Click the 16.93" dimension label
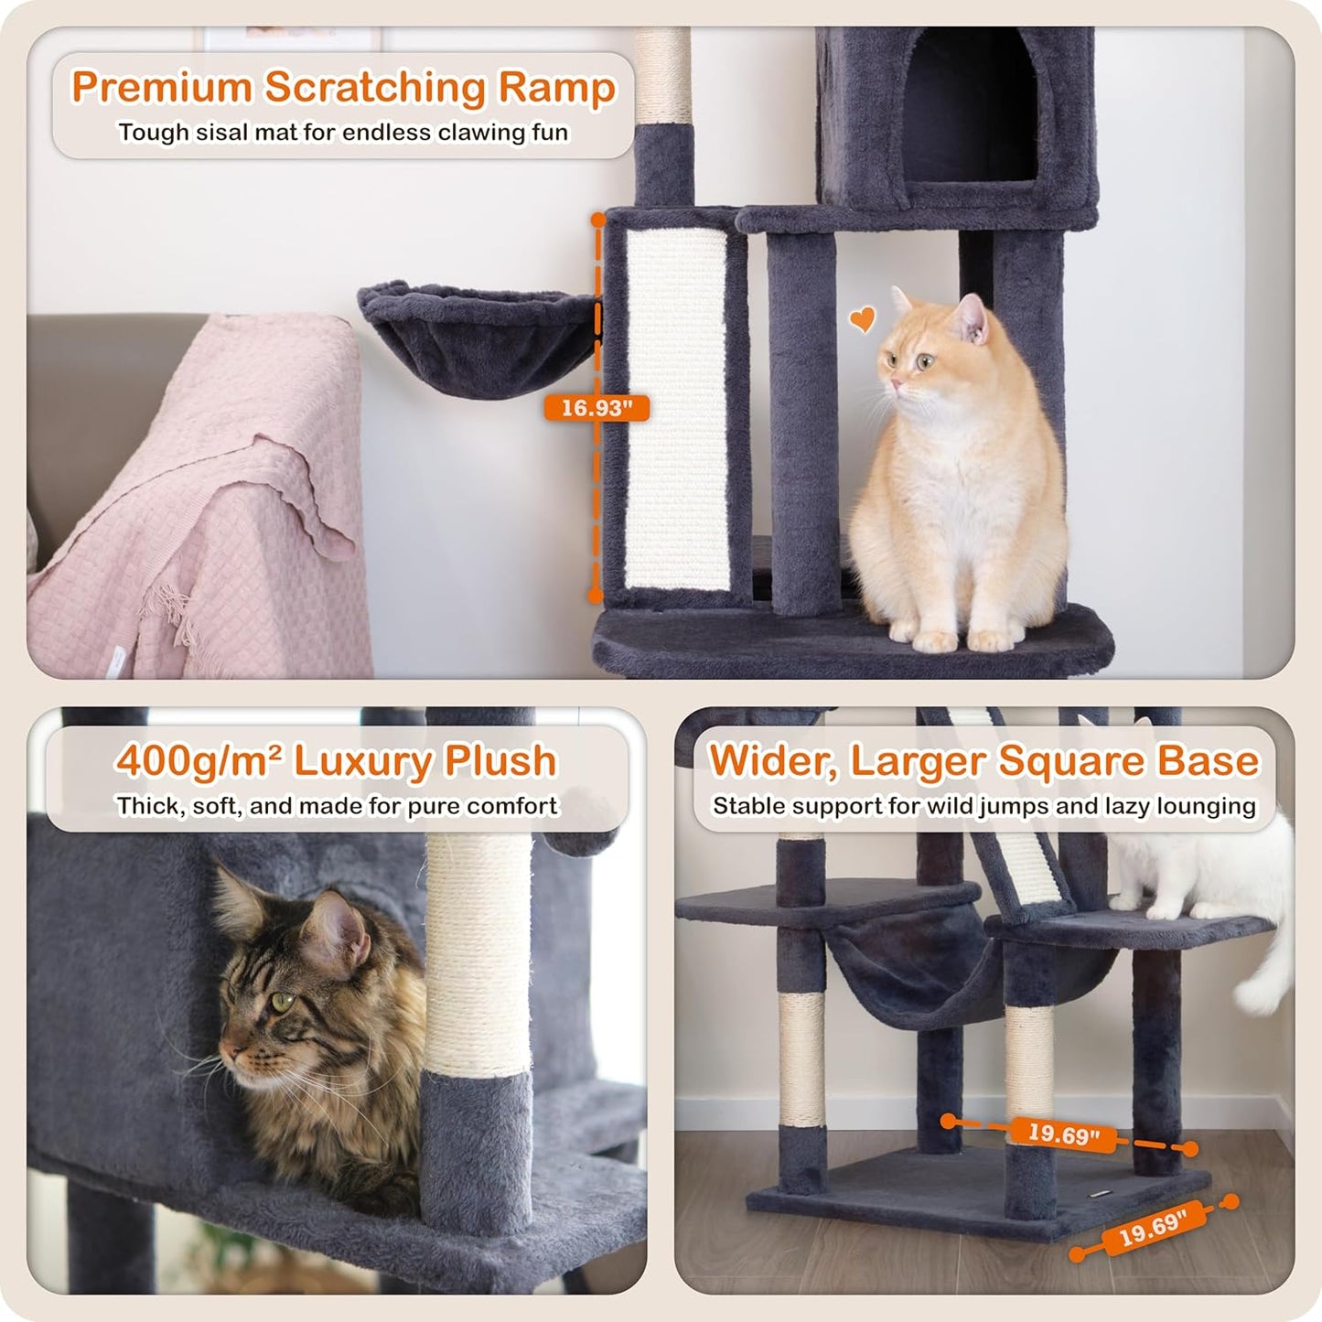[597, 408]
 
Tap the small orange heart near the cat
[862, 319]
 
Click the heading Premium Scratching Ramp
[343, 88]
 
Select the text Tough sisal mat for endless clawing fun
[343, 133]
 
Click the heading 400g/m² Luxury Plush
[337, 761]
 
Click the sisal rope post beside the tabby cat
[478, 951]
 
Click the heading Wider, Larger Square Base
[983, 761]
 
